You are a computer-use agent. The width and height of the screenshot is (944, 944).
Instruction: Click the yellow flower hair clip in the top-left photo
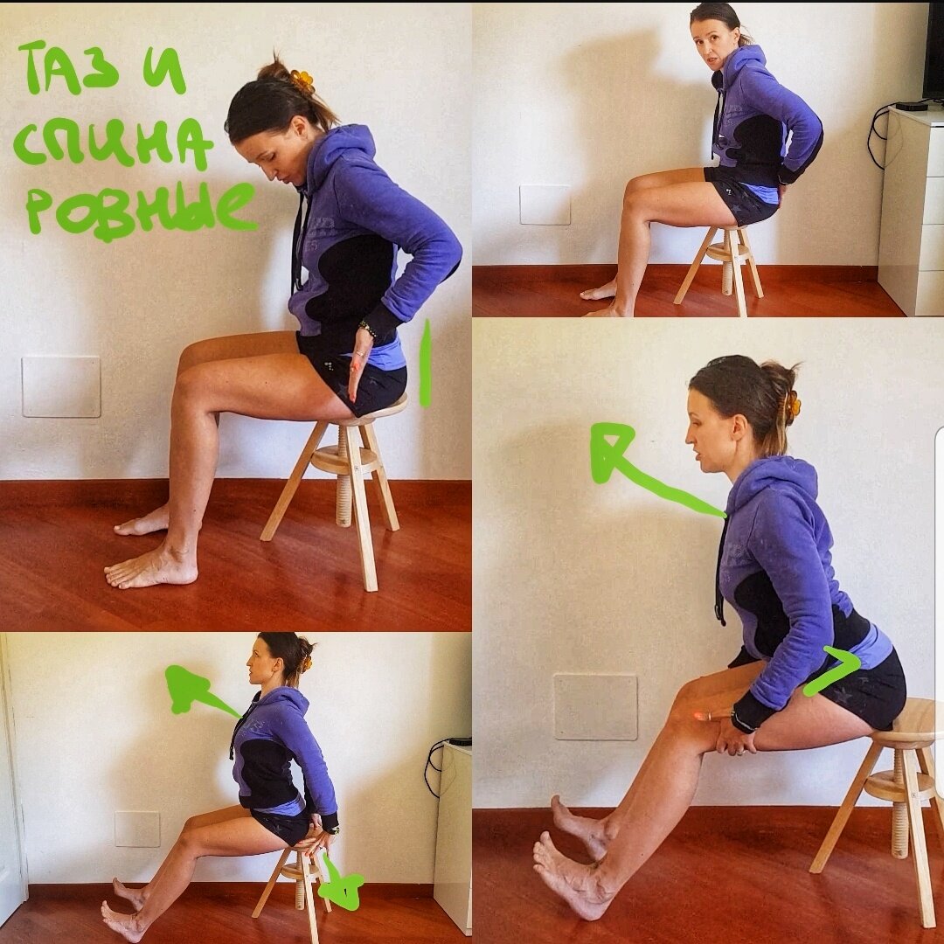click(302, 80)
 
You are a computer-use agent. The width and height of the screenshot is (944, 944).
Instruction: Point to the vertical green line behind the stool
click(425, 364)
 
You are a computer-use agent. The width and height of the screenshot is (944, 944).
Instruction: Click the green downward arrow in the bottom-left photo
click(341, 882)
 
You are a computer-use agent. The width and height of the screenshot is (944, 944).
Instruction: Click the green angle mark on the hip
click(834, 670)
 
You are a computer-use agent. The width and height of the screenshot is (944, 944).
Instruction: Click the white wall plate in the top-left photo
click(61, 386)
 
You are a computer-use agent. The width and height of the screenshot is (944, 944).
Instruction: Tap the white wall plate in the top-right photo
click(545, 205)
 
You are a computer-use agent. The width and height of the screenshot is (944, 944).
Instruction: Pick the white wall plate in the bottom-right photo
click(595, 707)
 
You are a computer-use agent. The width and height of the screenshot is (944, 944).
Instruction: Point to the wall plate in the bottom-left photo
click(137, 829)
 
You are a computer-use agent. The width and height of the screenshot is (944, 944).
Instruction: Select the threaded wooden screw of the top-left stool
click(344, 475)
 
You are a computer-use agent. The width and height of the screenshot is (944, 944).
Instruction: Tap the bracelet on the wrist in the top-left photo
click(367, 329)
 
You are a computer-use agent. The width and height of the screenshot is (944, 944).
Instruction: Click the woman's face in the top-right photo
click(708, 45)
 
